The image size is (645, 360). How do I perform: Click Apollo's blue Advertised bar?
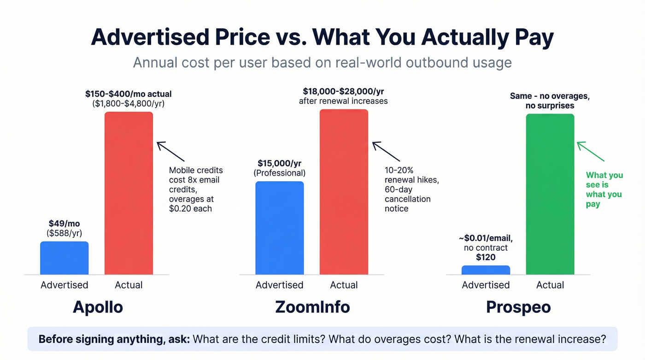64,258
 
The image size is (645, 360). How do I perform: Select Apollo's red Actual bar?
129,193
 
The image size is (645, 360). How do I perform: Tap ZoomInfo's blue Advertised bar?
279,228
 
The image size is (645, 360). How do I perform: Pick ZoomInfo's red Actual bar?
344,192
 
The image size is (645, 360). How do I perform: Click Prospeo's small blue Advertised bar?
486,270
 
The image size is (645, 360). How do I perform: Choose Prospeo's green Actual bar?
550,194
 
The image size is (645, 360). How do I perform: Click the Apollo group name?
98,307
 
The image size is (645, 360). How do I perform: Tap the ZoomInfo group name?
312,307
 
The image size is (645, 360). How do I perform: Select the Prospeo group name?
518,307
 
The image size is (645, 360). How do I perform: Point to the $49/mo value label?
64,224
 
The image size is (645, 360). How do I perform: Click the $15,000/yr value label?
279,164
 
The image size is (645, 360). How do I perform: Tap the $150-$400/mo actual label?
128,94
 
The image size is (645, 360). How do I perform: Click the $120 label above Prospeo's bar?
486,257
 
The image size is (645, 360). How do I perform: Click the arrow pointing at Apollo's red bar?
170,151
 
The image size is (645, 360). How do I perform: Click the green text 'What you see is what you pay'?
604,189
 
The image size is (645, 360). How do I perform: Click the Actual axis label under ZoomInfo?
344,285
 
